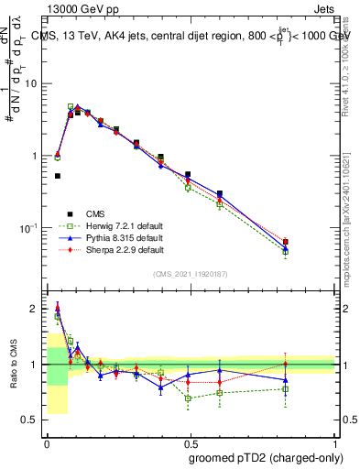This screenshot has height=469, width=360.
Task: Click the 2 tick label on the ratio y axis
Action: click(36, 309)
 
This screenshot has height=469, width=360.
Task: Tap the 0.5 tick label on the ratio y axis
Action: click(32, 420)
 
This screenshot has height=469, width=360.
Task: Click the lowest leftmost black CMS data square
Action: click(58, 176)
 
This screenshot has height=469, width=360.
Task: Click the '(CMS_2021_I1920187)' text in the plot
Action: click(191, 274)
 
